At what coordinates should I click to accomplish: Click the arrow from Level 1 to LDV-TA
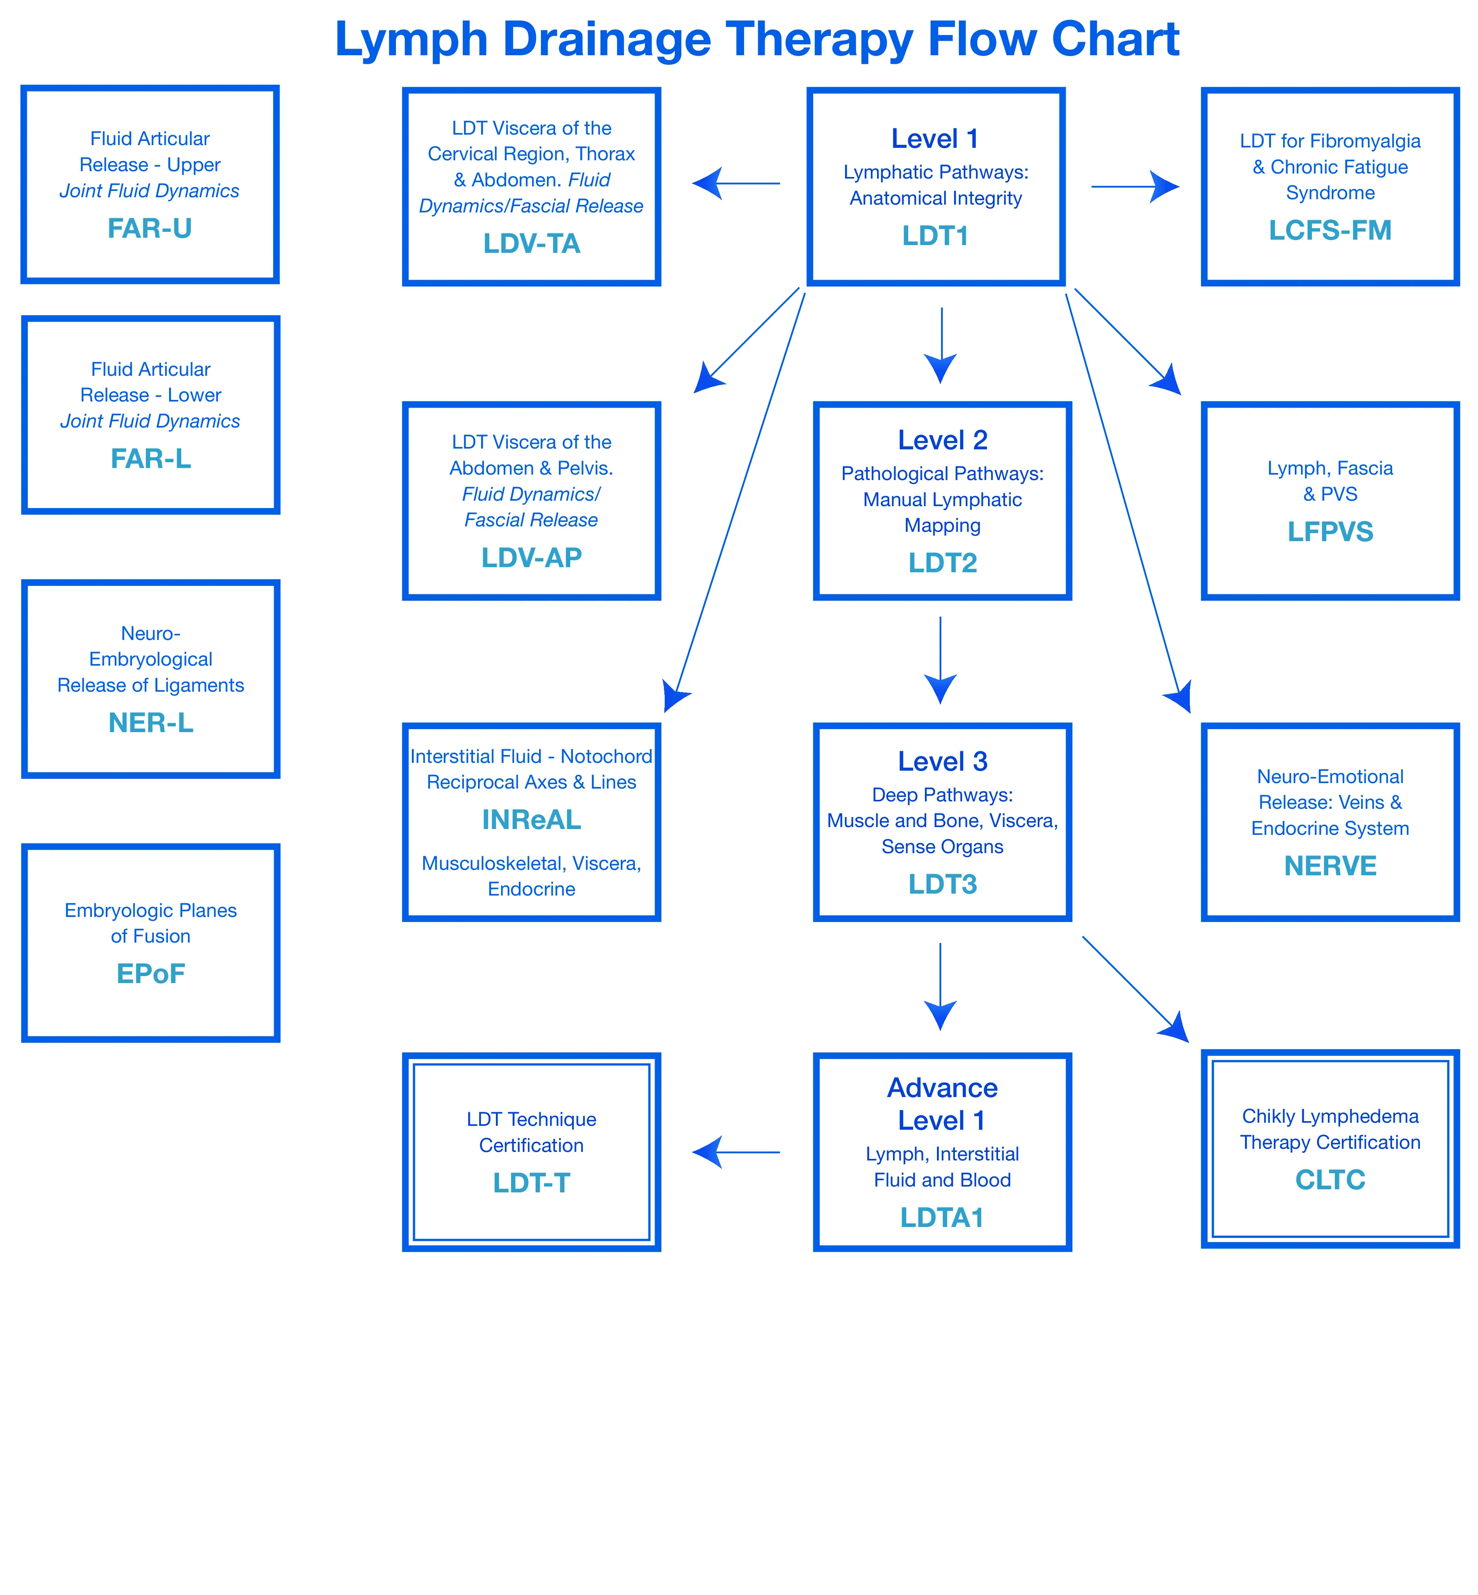pos(736,184)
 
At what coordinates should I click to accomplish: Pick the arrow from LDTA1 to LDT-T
pos(736,1153)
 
